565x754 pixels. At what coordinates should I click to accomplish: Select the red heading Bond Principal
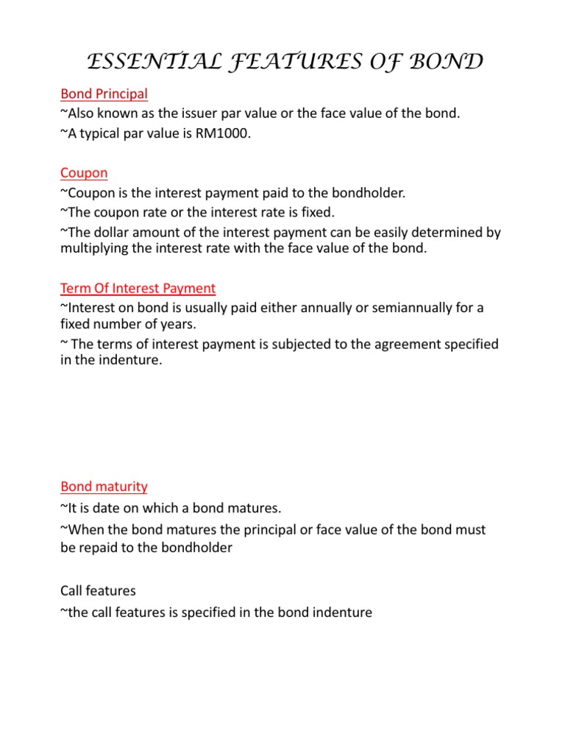point(104,94)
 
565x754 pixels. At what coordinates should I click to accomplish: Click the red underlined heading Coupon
point(84,173)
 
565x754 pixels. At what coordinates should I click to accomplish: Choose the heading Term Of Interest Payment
point(138,288)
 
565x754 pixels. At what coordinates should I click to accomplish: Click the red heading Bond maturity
point(104,487)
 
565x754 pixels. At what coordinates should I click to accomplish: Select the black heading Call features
point(98,591)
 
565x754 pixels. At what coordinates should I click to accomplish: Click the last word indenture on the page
point(342,612)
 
